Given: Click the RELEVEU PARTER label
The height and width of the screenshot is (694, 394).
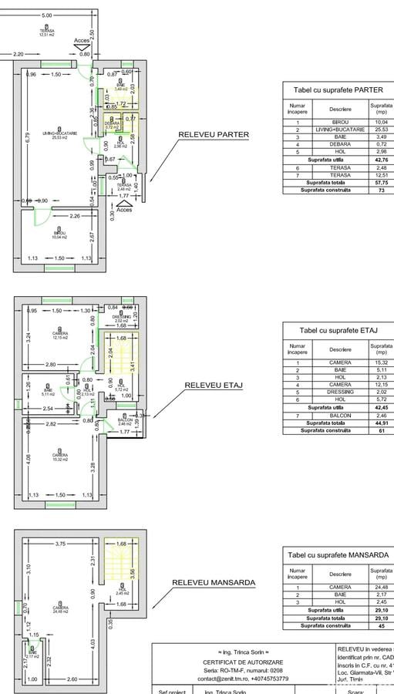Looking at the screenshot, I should (214, 134).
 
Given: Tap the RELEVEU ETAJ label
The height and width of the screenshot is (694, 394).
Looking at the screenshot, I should (214, 385).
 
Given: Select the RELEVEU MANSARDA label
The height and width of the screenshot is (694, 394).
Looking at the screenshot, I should (213, 583).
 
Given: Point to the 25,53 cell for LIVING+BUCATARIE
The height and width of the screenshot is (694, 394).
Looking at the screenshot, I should (380, 130).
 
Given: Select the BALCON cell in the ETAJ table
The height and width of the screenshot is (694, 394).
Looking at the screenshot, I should (340, 415).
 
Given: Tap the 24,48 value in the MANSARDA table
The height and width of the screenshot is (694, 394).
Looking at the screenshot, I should (380, 588).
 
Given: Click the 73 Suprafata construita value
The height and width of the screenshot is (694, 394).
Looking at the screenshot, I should (380, 190).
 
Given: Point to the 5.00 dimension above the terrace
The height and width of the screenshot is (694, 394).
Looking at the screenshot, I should (47, 15).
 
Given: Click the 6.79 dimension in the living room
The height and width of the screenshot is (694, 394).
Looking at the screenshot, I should (27, 138).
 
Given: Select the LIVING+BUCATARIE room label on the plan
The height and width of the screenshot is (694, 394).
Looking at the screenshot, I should (59, 134).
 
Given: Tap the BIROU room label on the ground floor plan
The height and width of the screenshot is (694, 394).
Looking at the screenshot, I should (59, 234).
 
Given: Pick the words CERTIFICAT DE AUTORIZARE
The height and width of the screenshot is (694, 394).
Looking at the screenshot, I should (243, 662).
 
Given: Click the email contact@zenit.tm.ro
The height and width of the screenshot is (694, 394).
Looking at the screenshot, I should (243, 679).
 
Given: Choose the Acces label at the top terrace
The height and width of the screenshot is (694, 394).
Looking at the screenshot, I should (82, 40).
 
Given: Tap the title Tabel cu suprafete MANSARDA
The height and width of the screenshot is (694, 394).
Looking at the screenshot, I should (338, 554).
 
